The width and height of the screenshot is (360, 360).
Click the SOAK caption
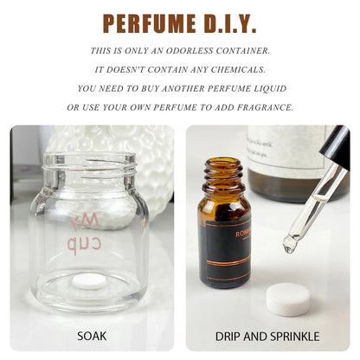point(92,336)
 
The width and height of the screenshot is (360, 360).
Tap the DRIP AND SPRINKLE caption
point(267,336)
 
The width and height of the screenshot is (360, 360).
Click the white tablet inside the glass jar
point(88,281)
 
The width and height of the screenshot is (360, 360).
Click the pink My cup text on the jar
point(96,235)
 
